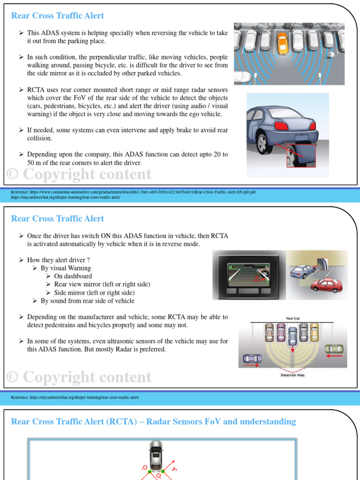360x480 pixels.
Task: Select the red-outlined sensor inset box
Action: pyautogui.click(x=301, y=156)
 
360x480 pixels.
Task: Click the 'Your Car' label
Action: pyautogui.click(x=292, y=318)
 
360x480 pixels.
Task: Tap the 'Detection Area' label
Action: pyautogui.click(x=292, y=375)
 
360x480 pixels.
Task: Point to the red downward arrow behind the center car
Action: pyautogui.click(x=292, y=350)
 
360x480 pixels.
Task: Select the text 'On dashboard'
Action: pyautogui.click(x=73, y=276)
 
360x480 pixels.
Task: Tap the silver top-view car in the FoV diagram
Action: pyautogui.click(x=155, y=452)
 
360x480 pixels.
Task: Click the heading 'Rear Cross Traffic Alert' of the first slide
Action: pyautogui.click(x=57, y=15)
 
